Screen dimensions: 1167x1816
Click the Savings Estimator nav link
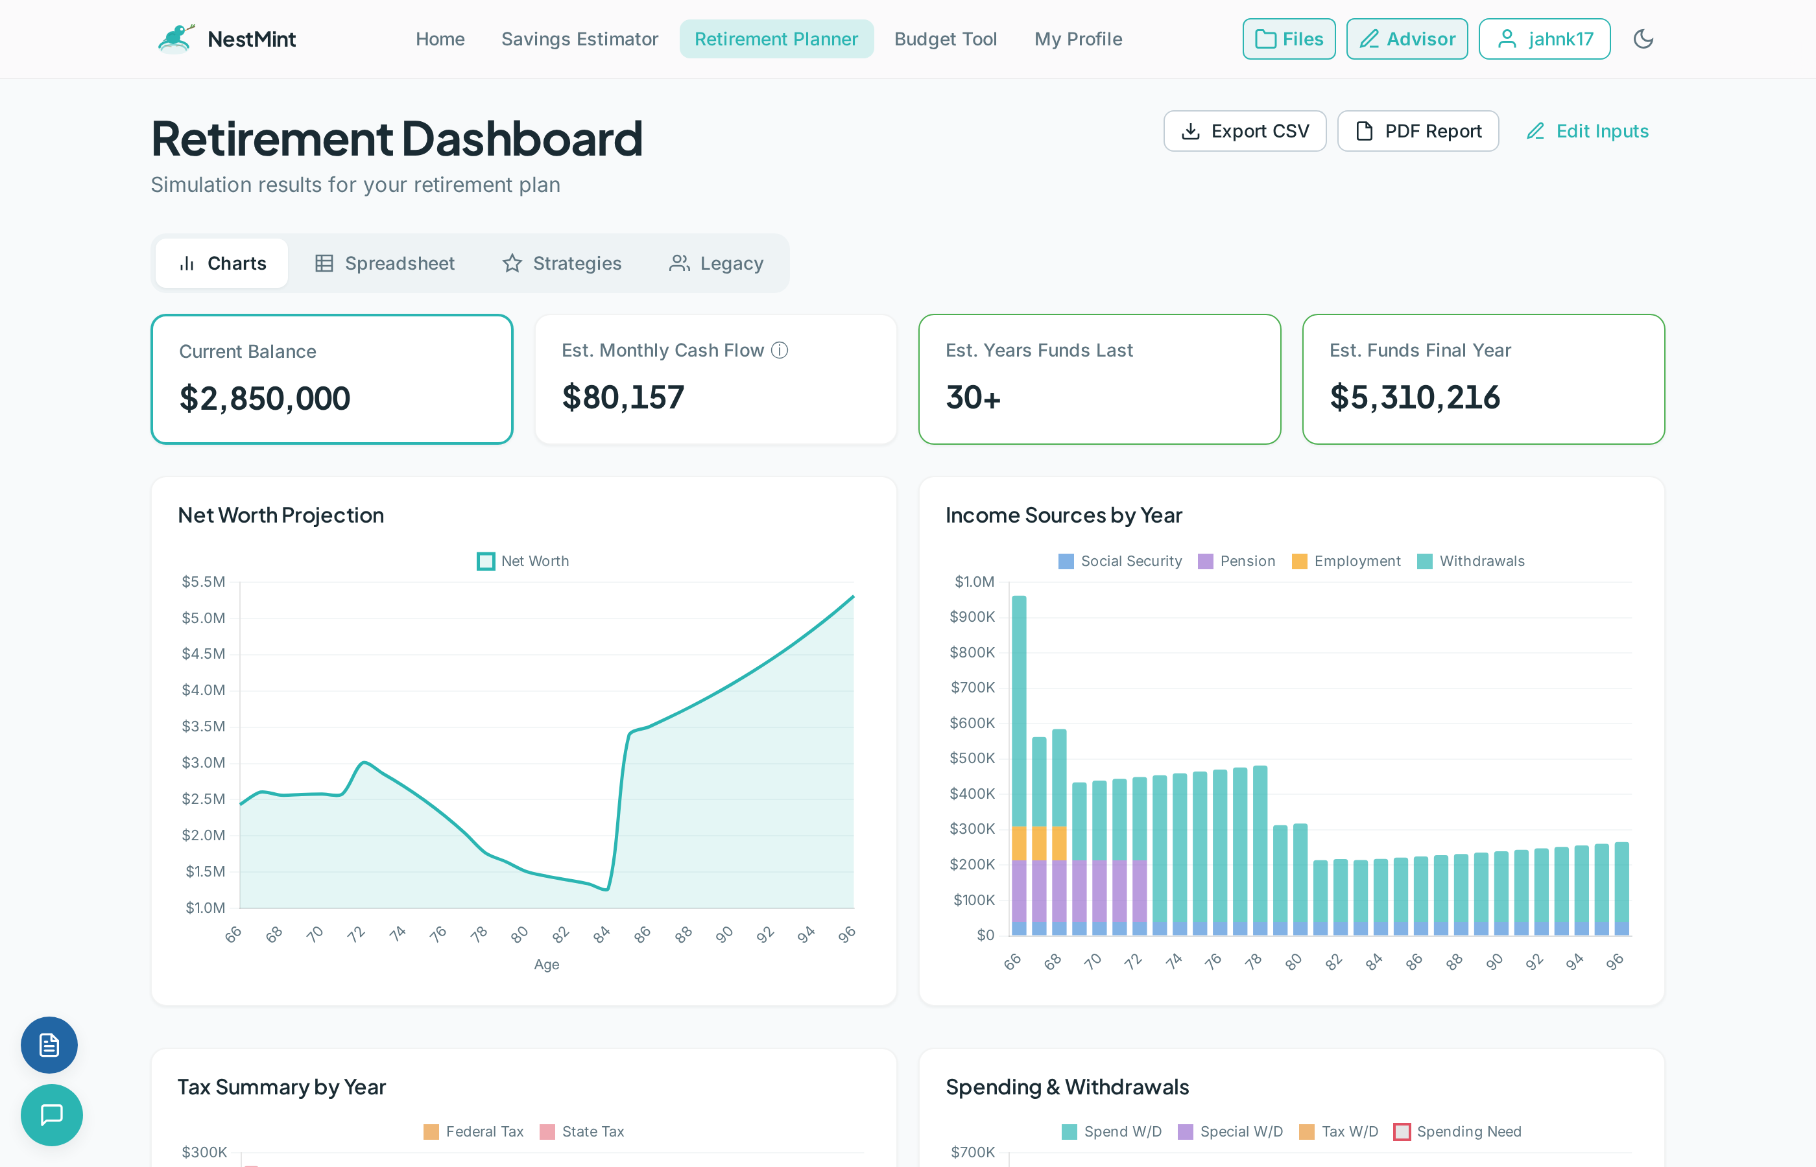[x=579, y=39]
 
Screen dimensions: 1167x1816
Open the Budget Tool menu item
[x=945, y=39]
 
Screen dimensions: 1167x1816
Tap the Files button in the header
[x=1289, y=39]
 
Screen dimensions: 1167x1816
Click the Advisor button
[x=1407, y=39]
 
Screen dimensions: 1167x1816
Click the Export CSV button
[x=1245, y=131]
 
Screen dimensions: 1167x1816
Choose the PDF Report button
[x=1417, y=131]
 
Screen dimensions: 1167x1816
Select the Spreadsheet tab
[x=385, y=263]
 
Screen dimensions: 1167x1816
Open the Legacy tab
[x=716, y=263]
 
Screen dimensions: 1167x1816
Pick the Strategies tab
[x=562, y=263]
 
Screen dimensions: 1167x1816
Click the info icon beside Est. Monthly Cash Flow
[x=779, y=350]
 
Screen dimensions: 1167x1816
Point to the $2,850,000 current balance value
[x=265, y=399]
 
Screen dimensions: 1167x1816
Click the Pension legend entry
[x=1236, y=561]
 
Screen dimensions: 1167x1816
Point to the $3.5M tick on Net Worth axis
[x=203, y=726]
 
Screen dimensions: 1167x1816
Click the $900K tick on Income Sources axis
[x=972, y=617]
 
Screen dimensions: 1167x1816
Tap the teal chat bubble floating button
[x=51, y=1114]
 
